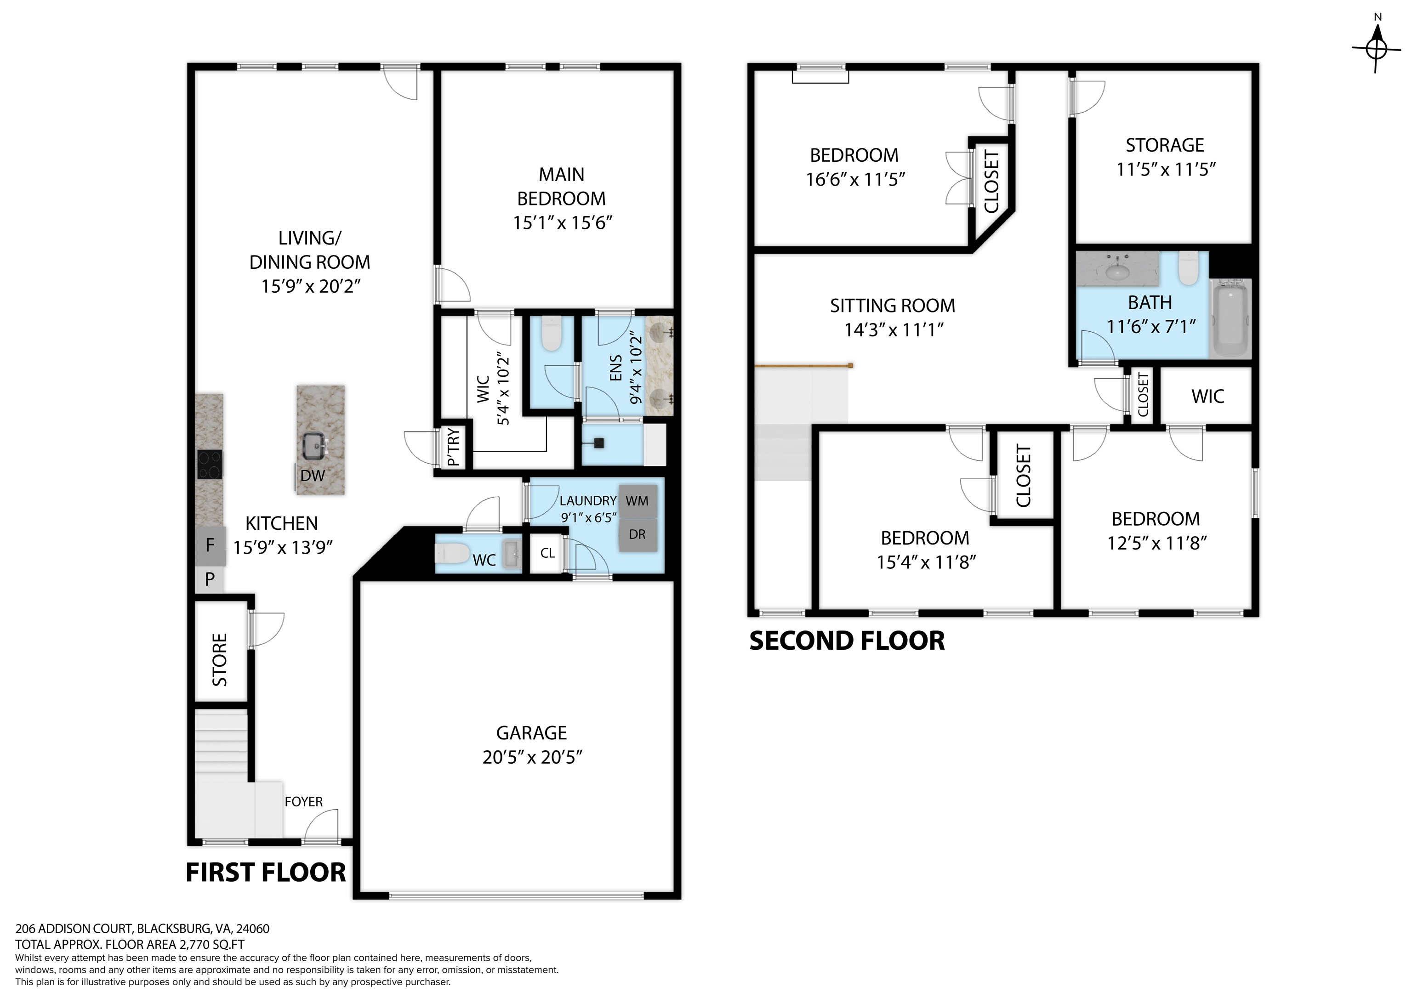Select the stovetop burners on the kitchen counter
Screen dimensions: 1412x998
[209, 464]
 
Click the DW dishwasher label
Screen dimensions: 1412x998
[313, 475]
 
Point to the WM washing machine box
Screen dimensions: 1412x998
[637, 501]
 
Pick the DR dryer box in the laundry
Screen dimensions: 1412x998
[637, 534]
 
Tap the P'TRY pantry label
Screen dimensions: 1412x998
[453, 447]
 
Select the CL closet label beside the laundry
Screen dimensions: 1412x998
[547, 553]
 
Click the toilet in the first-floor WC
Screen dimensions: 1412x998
[452, 553]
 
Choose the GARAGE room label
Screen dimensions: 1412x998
[531, 733]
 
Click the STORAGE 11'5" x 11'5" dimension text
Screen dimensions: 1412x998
[1166, 169]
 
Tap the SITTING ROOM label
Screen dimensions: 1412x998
[892, 306]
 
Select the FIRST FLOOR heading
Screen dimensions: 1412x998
[266, 873]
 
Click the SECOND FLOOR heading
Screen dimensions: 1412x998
[847, 641]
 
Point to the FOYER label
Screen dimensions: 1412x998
[303, 802]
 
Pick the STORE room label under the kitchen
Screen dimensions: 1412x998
[220, 660]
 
